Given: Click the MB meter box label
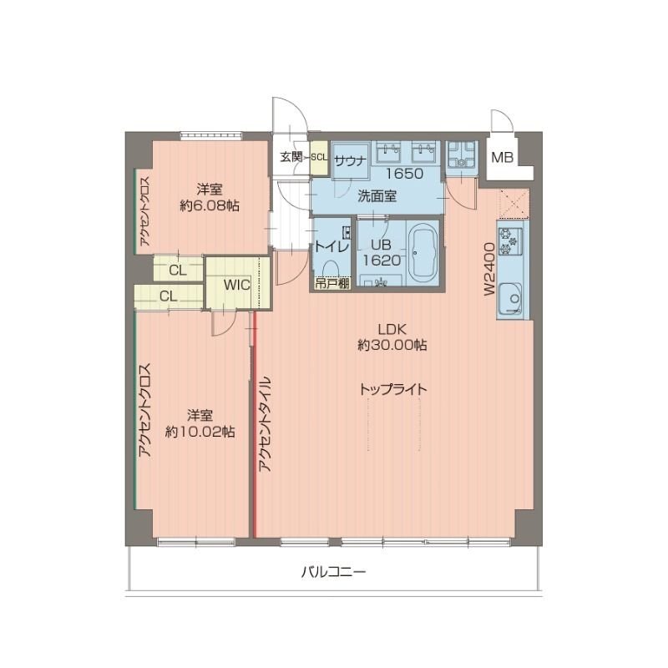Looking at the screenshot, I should [502, 157].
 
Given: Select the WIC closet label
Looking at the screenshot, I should [237, 284].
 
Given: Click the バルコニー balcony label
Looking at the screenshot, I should [334, 574].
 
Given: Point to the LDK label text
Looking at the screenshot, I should [392, 328].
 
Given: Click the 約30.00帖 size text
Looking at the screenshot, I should [392, 345].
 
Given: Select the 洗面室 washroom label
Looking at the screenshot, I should [377, 197].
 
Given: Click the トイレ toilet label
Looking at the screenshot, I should [331, 246].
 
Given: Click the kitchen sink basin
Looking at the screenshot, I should [510, 298].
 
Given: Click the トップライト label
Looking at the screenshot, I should [393, 389].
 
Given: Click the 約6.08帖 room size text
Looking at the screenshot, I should [209, 205].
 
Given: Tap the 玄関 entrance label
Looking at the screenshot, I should [290, 156].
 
